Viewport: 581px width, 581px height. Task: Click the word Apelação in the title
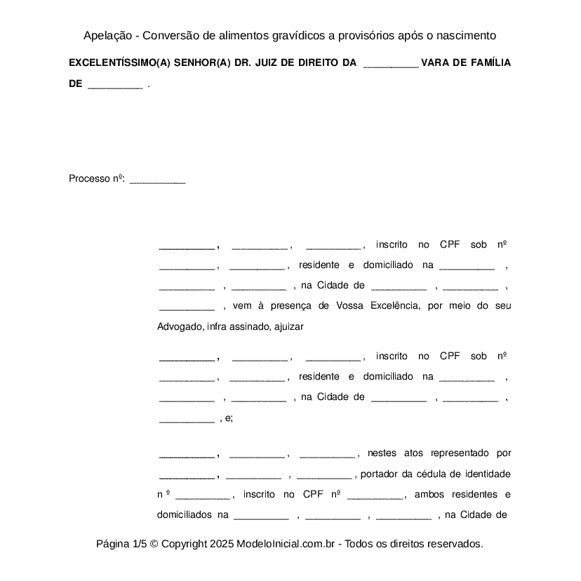click(x=106, y=36)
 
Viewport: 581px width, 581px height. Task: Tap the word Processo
click(x=89, y=179)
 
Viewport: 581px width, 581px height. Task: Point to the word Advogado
click(x=179, y=326)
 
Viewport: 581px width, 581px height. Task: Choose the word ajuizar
click(x=289, y=326)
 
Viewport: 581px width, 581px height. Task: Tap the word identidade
click(x=487, y=474)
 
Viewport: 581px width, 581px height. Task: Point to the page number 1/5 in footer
click(x=139, y=544)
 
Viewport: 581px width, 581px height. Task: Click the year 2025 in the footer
click(x=221, y=544)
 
